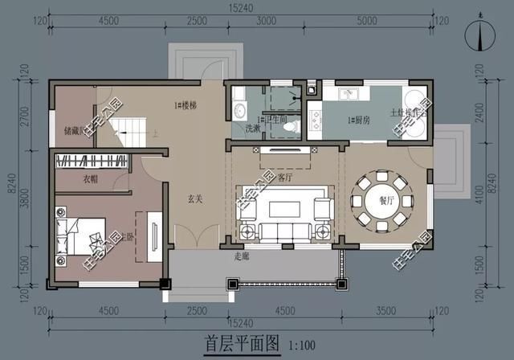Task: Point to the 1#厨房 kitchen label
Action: coord(358,121)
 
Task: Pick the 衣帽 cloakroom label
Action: coord(90,179)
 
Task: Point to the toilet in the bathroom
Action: coord(296,125)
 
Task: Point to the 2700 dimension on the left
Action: coord(24,112)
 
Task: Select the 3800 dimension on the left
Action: coord(24,197)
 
